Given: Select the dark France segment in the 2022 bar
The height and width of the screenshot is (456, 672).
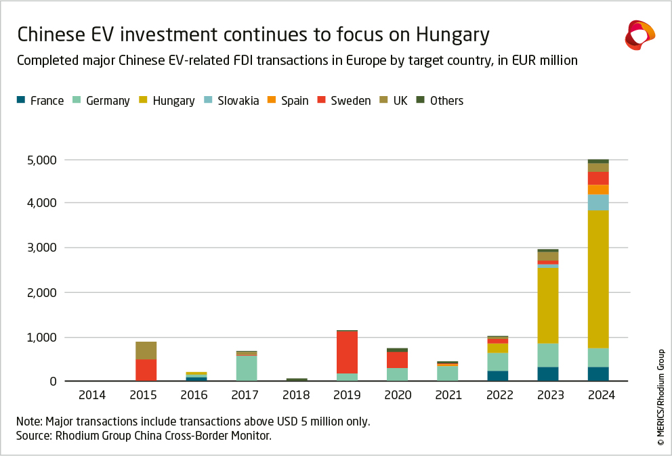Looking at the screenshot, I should [497, 375].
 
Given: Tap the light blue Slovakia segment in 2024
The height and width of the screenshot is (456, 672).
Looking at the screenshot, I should [598, 203].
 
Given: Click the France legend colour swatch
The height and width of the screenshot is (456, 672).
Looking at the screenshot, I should [20, 101].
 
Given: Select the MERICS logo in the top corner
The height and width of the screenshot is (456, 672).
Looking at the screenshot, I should [639, 35].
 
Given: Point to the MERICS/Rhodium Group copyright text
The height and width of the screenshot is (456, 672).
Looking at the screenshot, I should [660, 396].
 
